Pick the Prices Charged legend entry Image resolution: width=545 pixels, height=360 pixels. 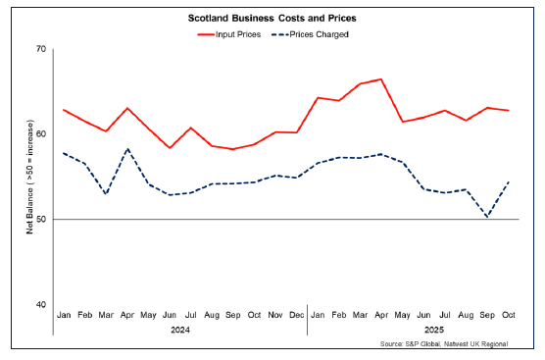(x=313, y=33)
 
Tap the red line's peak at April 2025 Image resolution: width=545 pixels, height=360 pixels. (x=380, y=79)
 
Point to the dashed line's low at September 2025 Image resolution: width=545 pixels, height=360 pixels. (x=487, y=217)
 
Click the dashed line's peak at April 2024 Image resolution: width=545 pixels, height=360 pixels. (x=126, y=149)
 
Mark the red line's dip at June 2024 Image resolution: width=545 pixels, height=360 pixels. (x=170, y=148)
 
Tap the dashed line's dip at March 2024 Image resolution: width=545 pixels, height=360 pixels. (x=106, y=194)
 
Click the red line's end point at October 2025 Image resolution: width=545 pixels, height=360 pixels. (x=508, y=111)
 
